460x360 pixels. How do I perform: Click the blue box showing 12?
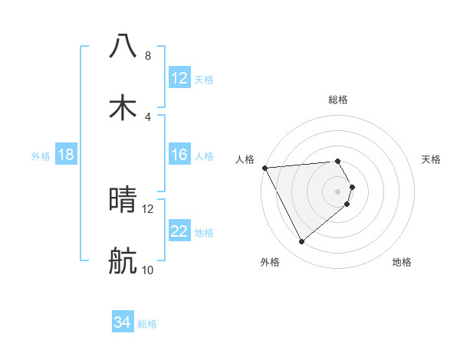pyautogui.click(x=179, y=78)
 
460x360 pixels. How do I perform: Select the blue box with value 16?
pyautogui.click(x=179, y=155)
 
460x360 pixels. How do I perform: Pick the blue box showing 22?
pyautogui.click(x=179, y=232)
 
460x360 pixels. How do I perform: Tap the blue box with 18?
pyautogui.click(x=66, y=155)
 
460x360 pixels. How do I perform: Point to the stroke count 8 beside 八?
pyautogui.click(x=147, y=56)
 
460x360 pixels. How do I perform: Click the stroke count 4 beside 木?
pyautogui.click(x=147, y=117)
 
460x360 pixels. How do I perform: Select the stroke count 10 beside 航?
pyautogui.click(x=147, y=270)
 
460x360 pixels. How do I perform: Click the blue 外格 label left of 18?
pyautogui.click(x=41, y=156)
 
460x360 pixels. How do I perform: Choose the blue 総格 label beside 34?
pyautogui.click(x=147, y=324)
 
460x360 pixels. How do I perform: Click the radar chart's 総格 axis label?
pyautogui.click(x=338, y=100)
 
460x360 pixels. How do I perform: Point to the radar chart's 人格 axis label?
pyautogui.click(x=245, y=159)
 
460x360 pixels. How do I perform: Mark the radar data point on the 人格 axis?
pyautogui.click(x=264, y=167)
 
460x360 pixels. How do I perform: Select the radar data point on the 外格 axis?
pyautogui.click(x=302, y=242)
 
